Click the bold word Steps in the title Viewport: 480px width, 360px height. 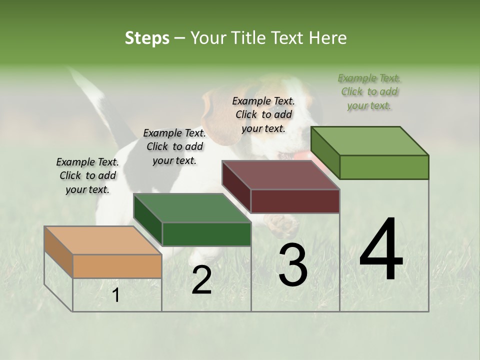(147, 38)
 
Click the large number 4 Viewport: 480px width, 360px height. (381, 250)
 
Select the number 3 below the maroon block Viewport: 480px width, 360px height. (293, 265)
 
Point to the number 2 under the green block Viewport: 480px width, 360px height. (201, 280)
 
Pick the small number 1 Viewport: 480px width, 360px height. (116, 295)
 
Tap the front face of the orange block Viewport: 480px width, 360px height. (117, 266)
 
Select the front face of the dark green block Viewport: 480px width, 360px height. (206, 234)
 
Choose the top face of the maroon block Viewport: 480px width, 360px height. (280, 175)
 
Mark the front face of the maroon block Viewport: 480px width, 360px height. (295, 201)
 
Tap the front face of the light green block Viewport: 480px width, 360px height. (384, 167)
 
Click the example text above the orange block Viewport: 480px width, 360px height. (87, 175)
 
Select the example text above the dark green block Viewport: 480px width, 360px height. (174, 146)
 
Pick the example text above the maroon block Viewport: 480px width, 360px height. (263, 114)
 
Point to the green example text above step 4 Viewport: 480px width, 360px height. (369, 91)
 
